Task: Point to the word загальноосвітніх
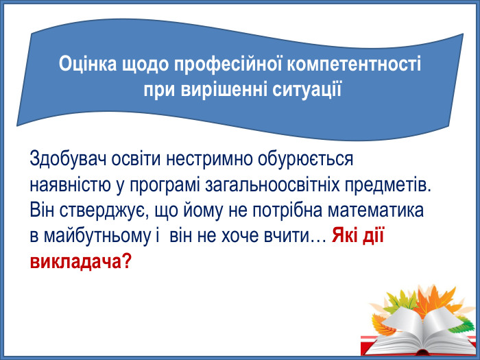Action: coord(280,185)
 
